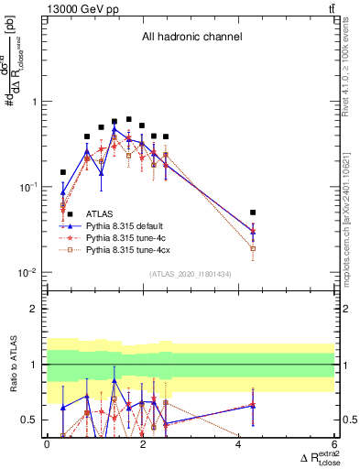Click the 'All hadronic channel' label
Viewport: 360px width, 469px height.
(191, 38)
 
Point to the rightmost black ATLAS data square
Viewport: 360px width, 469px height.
(253, 213)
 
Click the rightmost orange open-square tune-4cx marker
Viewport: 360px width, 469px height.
(253, 248)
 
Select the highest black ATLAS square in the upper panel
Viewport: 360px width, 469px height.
(129, 120)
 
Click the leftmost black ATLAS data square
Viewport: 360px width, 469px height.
(63, 172)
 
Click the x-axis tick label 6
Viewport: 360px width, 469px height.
(334, 444)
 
